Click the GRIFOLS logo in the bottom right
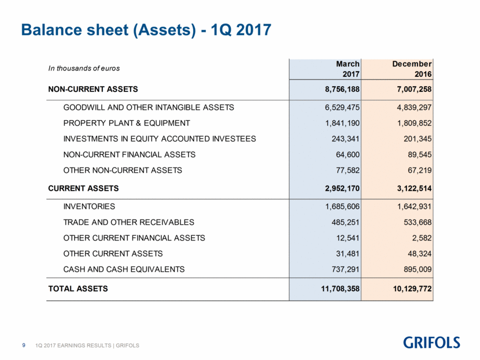coord(431,343)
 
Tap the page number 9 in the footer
coord(24,345)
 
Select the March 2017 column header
coord(348,69)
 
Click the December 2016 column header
coord(412,69)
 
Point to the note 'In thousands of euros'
coord(84,68)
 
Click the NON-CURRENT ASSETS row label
coord(93,89)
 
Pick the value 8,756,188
coord(342,90)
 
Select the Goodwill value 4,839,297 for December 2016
coord(414,107)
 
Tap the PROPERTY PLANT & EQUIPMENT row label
coord(127,123)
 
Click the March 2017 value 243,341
coord(346,139)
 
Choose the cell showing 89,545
coord(420,155)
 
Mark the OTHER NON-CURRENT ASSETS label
coord(123,170)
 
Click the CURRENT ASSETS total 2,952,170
coord(342,188)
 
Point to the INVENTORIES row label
coord(89,206)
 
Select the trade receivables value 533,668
coord(418,222)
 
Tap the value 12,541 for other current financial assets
coord(348,238)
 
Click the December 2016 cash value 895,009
coord(418,269)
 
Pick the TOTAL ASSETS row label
coord(78,288)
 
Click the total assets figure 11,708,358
coord(340,289)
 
